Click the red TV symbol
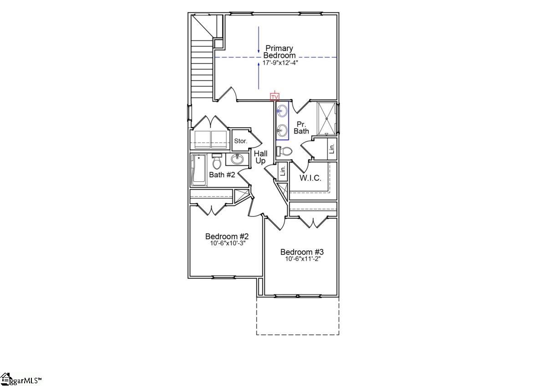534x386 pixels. [x=275, y=97]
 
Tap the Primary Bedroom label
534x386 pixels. [x=279, y=51]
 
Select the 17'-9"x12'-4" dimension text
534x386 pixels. [x=280, y=62]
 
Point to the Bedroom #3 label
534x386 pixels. [x=302, y=252]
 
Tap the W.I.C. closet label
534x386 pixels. [x=310, y=178]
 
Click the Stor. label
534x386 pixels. [x=240, y=141]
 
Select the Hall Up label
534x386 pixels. [x=260, y=157]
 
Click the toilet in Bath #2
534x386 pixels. [x=217, y=161]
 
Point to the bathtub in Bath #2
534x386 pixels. [x=199, y=170]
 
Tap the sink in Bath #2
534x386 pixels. [x=237, y=159]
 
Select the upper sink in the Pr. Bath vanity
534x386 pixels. [x=282, y=111]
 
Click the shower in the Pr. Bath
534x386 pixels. [x=326, y=118]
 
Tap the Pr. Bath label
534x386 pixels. [x=301, y=128]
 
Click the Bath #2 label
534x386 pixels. [x=222, y=174]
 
